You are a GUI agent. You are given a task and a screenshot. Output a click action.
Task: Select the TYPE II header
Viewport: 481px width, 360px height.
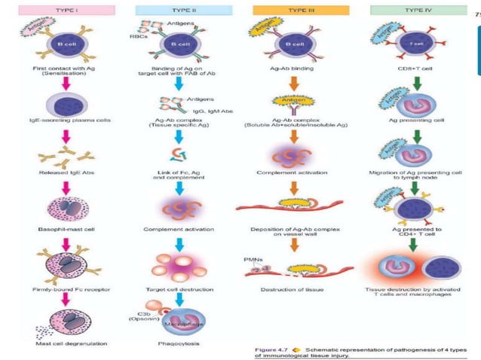(177, 11)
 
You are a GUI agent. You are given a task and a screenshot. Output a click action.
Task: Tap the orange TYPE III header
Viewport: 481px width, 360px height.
(287, 11)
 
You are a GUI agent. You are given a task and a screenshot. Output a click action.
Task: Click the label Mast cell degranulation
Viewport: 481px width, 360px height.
(66, 343)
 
